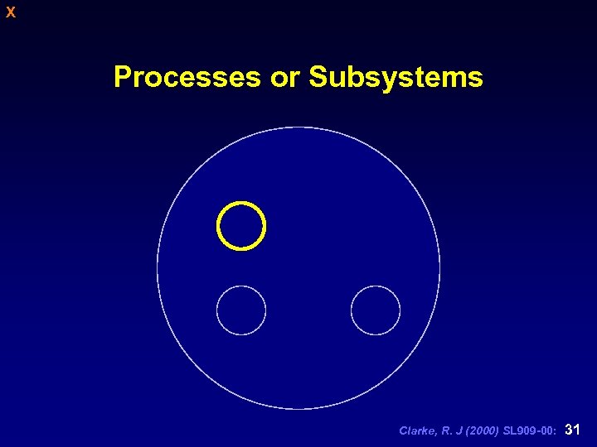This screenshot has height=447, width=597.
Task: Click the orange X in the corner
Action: click(10, 12)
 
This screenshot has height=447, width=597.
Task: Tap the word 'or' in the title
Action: click(284, 77)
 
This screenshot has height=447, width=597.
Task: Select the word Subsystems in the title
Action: click(396, 77)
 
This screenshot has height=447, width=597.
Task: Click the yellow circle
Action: click(241, 225)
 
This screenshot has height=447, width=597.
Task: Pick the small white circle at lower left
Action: click(241, 310)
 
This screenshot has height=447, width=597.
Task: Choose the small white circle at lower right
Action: click(376, 310)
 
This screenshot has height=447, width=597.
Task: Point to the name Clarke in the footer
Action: click(416, 431)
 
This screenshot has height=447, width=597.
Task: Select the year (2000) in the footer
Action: click(481, 431)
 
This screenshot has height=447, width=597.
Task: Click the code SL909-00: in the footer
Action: click(529, 431)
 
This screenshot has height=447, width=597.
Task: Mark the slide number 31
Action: click(571, 430)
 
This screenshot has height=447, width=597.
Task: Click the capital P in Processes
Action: click(122, 77)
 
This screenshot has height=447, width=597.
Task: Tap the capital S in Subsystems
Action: click(318, 77)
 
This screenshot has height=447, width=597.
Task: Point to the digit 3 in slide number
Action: click(568, 430)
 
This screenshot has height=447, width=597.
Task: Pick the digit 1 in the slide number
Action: click(576, 430)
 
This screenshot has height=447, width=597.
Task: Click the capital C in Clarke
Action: click(403, 431)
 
